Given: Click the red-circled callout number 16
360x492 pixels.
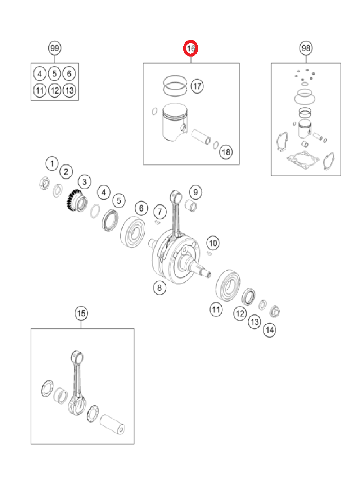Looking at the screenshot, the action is pyautogui.click(x=190, y=48).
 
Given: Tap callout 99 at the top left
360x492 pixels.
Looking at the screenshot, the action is pyautogui.click(x=55, y=48).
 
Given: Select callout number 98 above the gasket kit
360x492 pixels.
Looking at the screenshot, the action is pyautogui.click(x=306, y=48).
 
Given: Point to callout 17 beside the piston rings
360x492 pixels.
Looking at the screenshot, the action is pyautogui.click(x=197, y=86).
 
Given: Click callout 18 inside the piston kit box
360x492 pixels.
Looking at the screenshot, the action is pyautogui.click(x=226, y=152).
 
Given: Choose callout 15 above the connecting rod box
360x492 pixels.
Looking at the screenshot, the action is pyautogui.click(x=81, y=313).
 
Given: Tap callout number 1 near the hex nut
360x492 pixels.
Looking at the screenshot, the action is pyautogui.click(x=52, y=164).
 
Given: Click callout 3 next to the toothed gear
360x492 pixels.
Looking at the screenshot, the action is pyautogui.click(x=84, y=182).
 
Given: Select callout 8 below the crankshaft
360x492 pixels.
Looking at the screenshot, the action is pyautogui.click(x=159, y=288).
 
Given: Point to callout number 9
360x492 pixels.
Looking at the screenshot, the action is pyautogui.click(x=195, y=193).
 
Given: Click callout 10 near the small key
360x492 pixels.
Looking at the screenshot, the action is pyautogui.click(x=213, y=243).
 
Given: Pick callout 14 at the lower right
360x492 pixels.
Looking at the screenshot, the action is pyautogui.click(x=270, y=330).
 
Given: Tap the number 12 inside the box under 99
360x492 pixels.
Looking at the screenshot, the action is pyautogui.click(x=55, y=90).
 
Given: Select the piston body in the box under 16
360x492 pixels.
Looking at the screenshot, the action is pyautogui.click(x=175, y=122).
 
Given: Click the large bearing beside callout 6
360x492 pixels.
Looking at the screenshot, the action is pyautogui.click(x=133, y=232).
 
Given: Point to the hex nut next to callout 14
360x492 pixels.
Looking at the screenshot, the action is pyautogui.click(x=275, y=311).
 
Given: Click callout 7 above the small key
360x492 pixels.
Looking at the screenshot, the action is pyautogui.click(x=160, y=212).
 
